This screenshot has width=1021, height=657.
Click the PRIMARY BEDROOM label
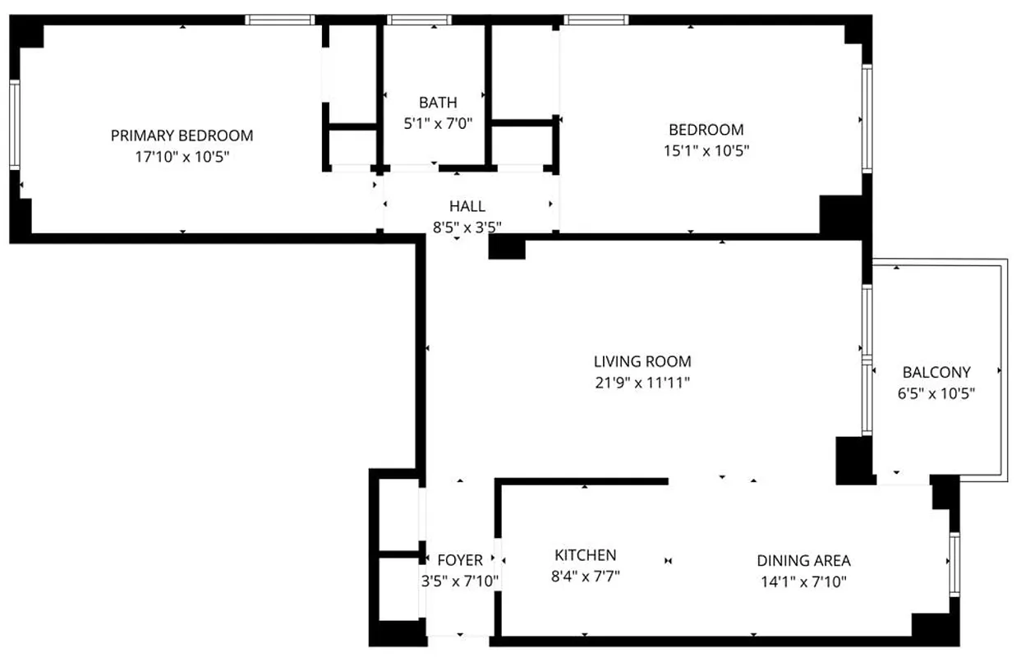click(x=182, y=136)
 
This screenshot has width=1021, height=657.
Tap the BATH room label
click(x=438, y=103)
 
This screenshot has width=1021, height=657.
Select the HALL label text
click(x=467, y=206)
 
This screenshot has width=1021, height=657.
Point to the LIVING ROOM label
click(x=642, y=361)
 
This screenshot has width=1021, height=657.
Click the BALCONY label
click(x=936, y=372)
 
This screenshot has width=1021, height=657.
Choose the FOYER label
click(x=460, y=561)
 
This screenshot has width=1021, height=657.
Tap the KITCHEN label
click(x=585, y=555)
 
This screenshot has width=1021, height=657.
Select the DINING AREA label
click(x=803, y=561)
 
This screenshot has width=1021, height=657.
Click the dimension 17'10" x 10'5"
click(x=182, y=157)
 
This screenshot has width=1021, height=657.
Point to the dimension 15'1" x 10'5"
click(x=706, y=151)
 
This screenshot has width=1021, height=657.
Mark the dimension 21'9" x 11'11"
click(x=642, y=383)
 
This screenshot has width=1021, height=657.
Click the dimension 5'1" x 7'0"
click(x=438, y=124)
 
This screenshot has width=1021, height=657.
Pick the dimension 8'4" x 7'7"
click(x=585, y=577)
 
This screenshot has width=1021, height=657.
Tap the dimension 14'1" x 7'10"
click(x=803, y=582)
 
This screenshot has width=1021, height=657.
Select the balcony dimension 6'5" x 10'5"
click(x=936, y=393)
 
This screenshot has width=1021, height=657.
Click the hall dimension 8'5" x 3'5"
click(x=467, y=227)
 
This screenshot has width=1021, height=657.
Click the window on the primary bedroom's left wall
click(x=14, y=124)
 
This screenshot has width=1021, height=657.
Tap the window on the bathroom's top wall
click(x=420, y=20)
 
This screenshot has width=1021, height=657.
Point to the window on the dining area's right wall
click(x=954, y=563)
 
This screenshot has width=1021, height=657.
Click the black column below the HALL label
click(x=506, y=248)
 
